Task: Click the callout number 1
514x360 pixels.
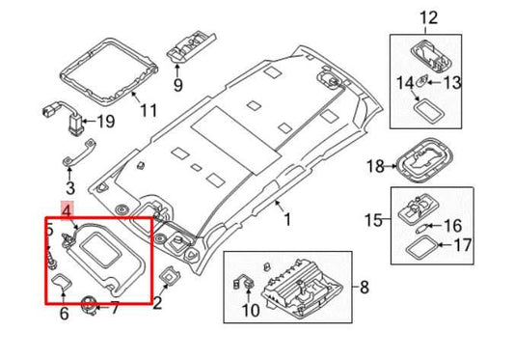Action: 285,220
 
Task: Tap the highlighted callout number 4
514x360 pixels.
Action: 66,209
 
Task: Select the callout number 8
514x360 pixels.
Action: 365,288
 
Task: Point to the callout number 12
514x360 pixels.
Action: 429,16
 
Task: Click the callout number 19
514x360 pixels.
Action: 106,122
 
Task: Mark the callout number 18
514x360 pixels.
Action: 376,166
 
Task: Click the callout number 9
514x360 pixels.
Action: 176,85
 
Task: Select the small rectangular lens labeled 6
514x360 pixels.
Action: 63,283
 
